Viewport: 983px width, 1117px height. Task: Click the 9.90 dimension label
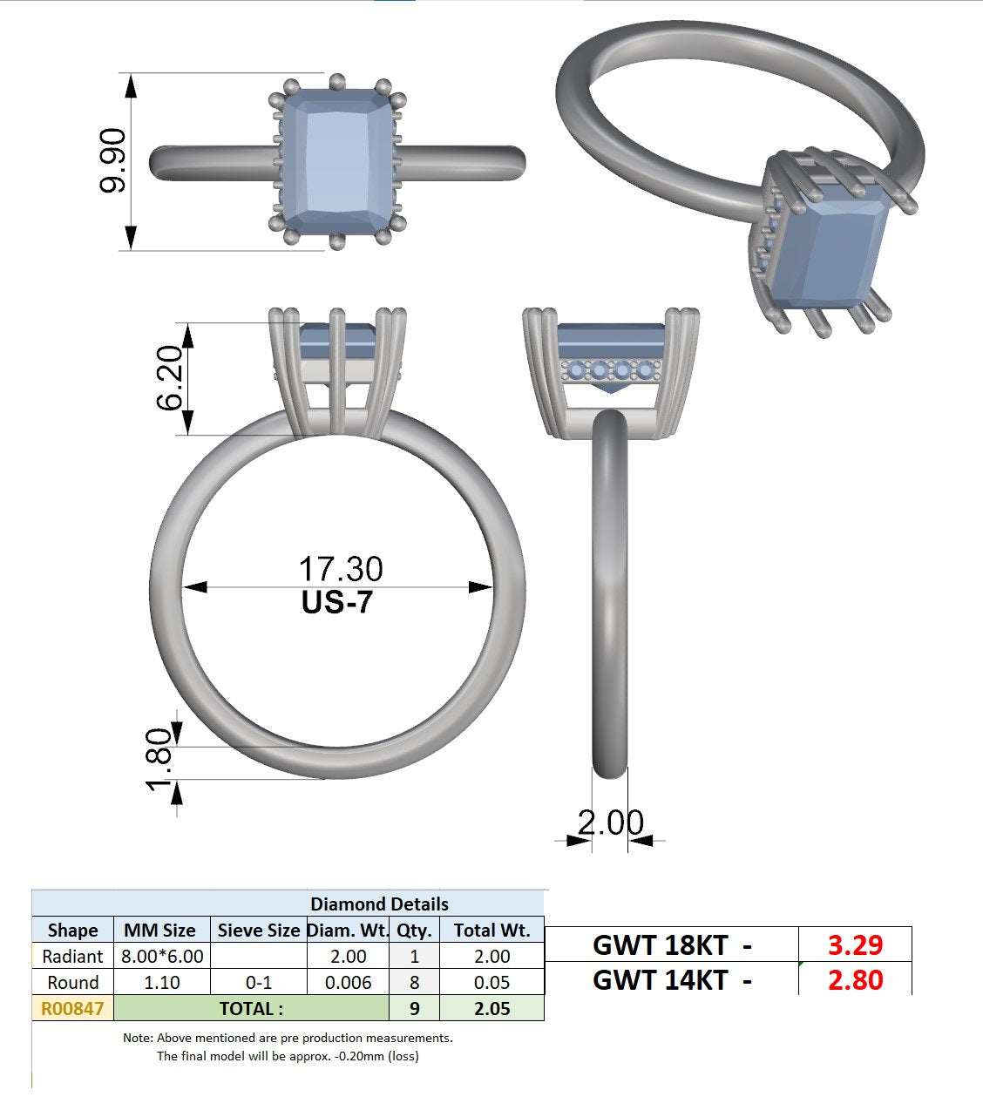112,161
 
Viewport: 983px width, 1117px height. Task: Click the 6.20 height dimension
169,377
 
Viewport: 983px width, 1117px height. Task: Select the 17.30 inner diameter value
341,569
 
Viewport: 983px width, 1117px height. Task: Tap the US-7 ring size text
337,602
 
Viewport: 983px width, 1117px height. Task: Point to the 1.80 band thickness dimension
159,759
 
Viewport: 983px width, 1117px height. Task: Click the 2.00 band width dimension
610,822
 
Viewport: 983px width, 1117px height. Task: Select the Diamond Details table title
379,904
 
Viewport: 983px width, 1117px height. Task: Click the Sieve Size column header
258,930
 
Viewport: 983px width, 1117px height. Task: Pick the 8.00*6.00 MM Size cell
162,956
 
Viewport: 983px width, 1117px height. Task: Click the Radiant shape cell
72,956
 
